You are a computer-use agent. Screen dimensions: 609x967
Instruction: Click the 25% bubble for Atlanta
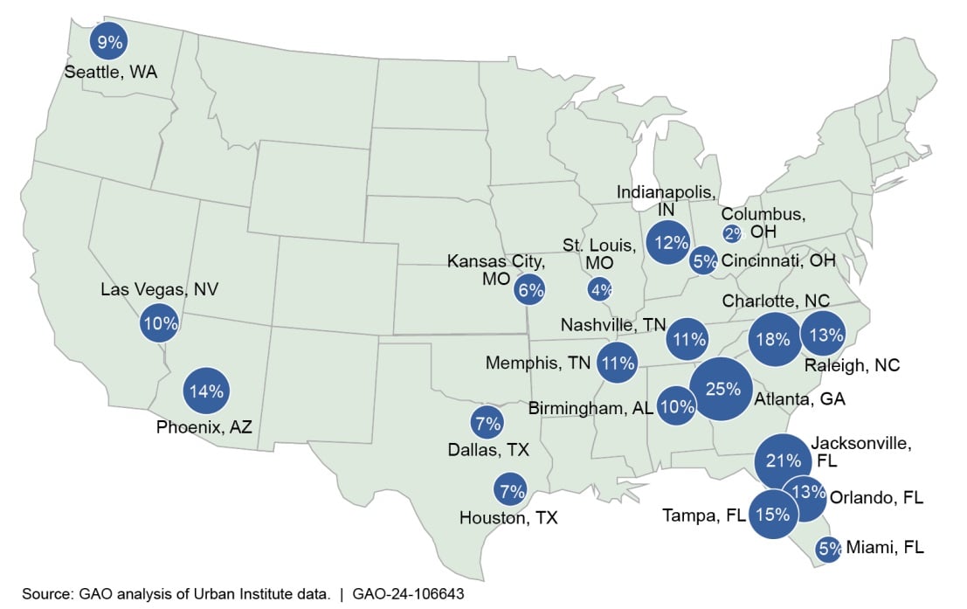[722, 390]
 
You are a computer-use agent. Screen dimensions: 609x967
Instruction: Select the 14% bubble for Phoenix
[207, 391]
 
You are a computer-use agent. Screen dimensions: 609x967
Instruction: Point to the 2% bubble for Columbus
[732, 233]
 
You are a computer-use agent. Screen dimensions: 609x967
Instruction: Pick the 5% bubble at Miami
[829, 549]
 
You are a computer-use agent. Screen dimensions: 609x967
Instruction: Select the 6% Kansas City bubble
[530, 290]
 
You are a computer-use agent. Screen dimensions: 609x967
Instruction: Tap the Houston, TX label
[508, 518]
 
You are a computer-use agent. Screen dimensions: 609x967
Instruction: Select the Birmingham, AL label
[590, 408]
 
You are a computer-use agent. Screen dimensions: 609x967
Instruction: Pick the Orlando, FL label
[877, 498]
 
